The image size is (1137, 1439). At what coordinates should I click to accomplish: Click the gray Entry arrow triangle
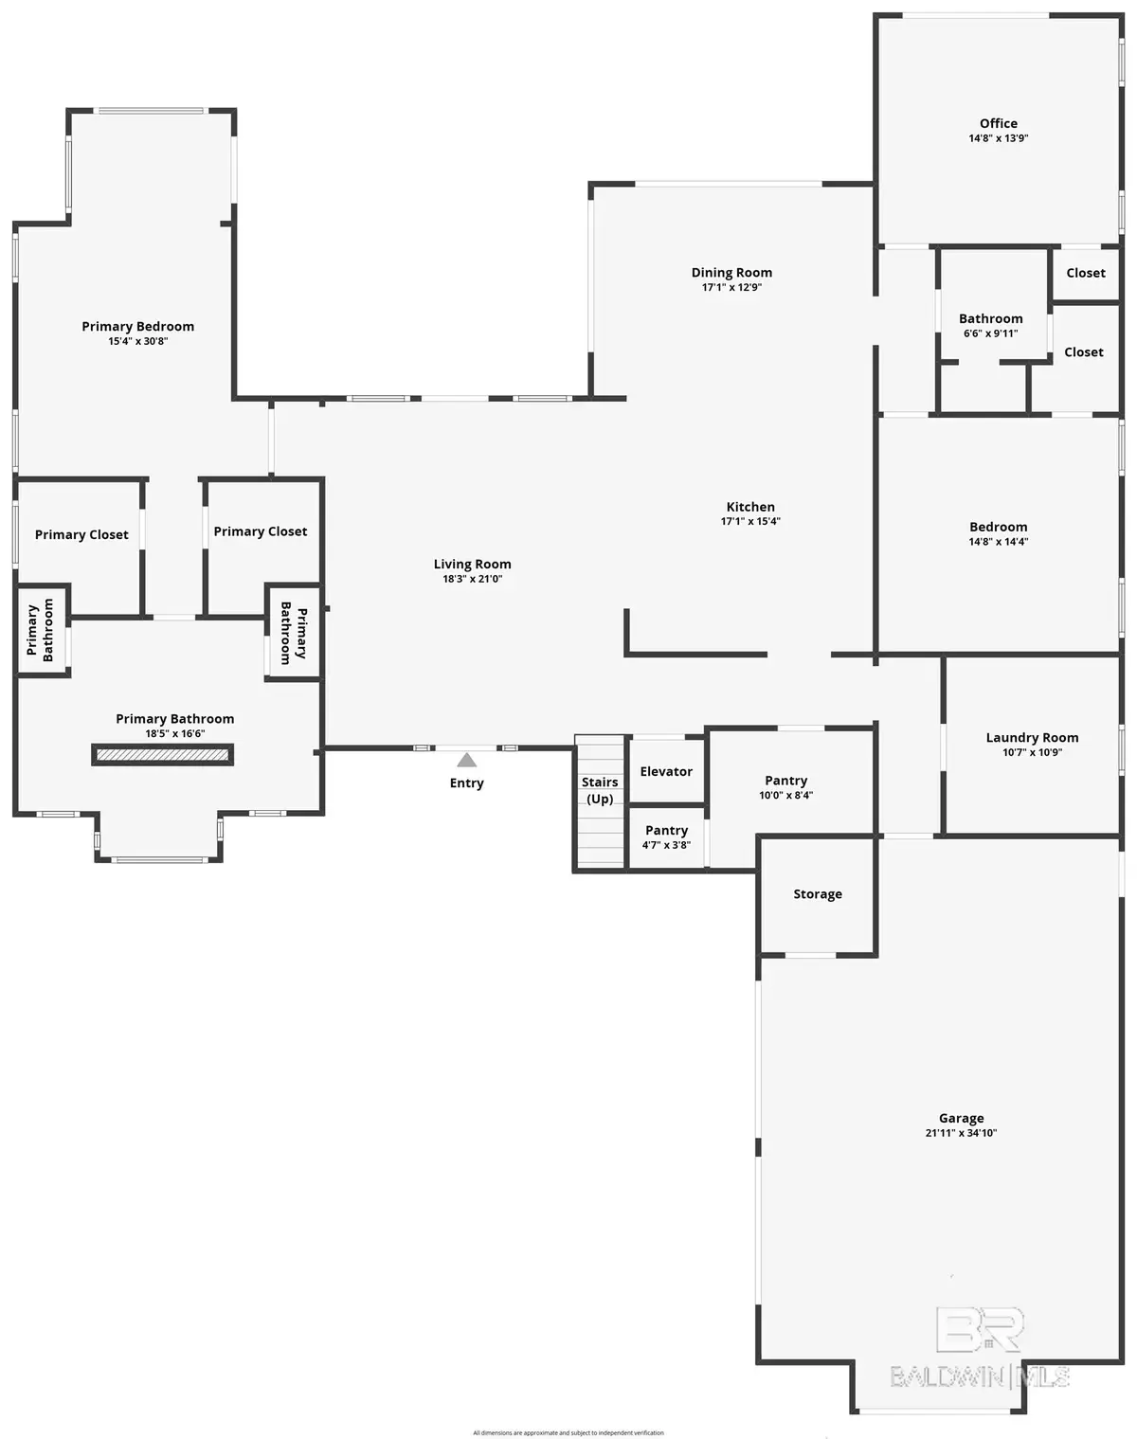coord(466,760)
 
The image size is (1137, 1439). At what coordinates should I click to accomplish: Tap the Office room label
coord(999,123)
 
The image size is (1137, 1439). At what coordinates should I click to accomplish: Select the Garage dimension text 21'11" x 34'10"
coord(961,1133)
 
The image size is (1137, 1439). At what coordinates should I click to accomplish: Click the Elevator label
coord(666,771)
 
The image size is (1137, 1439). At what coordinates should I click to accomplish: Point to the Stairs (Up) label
coord(600,790)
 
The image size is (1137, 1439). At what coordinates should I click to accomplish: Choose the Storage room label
coord(818,894)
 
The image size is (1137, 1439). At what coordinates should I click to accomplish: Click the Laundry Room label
coord(1032,737)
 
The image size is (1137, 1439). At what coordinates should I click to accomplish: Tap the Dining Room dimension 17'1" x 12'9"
coord(731,287)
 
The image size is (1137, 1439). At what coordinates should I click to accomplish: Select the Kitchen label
coord(750,507)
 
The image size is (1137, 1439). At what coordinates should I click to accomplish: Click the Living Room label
coord(472,564)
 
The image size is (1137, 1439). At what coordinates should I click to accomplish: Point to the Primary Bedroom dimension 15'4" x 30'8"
coord(137,341)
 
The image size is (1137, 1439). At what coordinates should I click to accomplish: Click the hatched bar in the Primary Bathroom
coord(162,754)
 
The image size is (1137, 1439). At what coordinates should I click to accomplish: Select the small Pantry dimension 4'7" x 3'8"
coord(666,845)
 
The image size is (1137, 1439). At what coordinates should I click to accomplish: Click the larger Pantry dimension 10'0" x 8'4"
coord(785,796)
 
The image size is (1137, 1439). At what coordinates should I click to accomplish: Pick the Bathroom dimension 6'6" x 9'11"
coord(990,333)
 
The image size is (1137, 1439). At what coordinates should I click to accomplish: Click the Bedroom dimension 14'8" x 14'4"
coord(998,542)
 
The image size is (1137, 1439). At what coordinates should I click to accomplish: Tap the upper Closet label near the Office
coord(1086,273)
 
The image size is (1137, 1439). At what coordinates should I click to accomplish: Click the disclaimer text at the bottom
coord(568,1432)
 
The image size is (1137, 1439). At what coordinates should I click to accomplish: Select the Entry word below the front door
coord(466,782)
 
